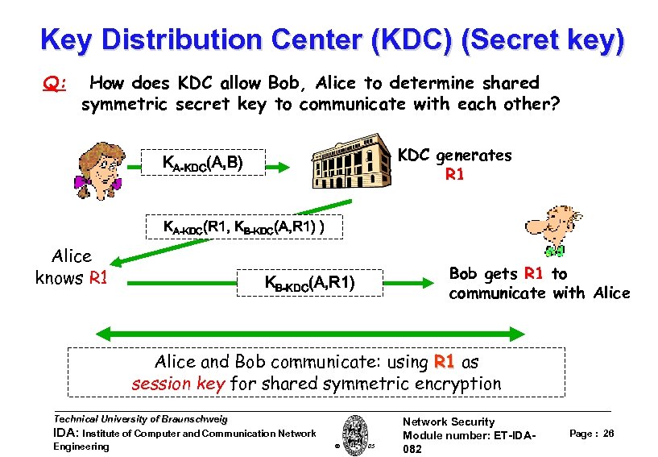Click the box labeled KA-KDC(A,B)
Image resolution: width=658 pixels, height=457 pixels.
[x=202, y=164]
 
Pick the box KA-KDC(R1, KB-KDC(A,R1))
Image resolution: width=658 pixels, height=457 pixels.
[x=244, y=227]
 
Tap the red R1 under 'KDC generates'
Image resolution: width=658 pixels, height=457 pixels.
[x=454, y=174]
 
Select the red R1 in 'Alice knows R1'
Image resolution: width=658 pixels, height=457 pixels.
[x=98, y=279]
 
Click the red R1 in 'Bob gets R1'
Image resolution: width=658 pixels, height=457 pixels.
[x=534, y=274]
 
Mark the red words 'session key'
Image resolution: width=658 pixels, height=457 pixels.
[x=178, y=384]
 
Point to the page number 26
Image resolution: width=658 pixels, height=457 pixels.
[x=608, y=434]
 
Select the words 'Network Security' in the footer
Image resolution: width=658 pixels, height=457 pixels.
[x=449, y=422]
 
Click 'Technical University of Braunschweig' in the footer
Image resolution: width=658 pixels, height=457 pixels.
[x=140, y=419]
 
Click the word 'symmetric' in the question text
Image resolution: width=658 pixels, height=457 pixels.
[x=126, y=104]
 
